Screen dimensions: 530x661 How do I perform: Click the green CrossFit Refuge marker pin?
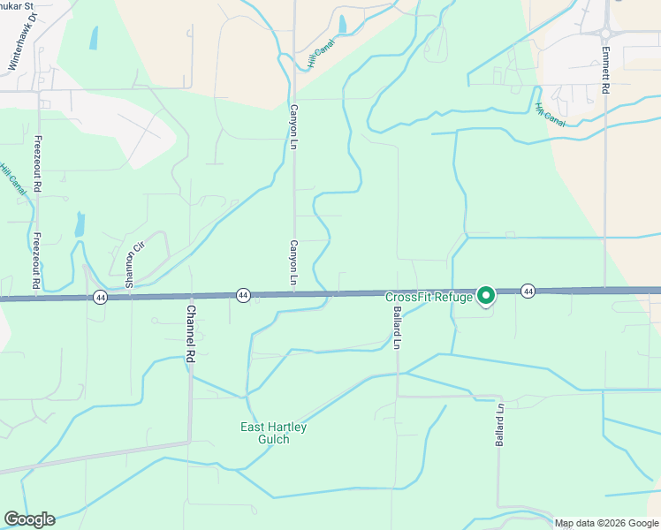point(485,295)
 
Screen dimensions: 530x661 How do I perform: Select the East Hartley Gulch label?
point(274,433)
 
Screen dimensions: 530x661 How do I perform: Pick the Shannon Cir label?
point(133,266)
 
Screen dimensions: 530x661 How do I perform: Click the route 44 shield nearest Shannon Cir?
point(100,298)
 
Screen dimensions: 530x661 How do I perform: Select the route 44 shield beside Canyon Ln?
point(243,294)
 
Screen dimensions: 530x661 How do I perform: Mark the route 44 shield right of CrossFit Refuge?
point(528,291)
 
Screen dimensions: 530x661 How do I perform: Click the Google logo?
point(29,519)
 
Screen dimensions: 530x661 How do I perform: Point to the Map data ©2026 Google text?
point(606,523)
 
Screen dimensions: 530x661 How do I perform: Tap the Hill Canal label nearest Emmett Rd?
point(550,116)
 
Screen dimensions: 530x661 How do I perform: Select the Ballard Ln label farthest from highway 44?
point(499,426)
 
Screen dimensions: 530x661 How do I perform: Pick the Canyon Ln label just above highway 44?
point(293,263)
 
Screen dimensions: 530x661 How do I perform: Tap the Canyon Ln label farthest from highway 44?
point(293,126)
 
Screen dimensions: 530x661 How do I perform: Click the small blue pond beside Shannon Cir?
point(80,224)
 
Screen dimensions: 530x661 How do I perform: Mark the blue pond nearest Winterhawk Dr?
point(94,38)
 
